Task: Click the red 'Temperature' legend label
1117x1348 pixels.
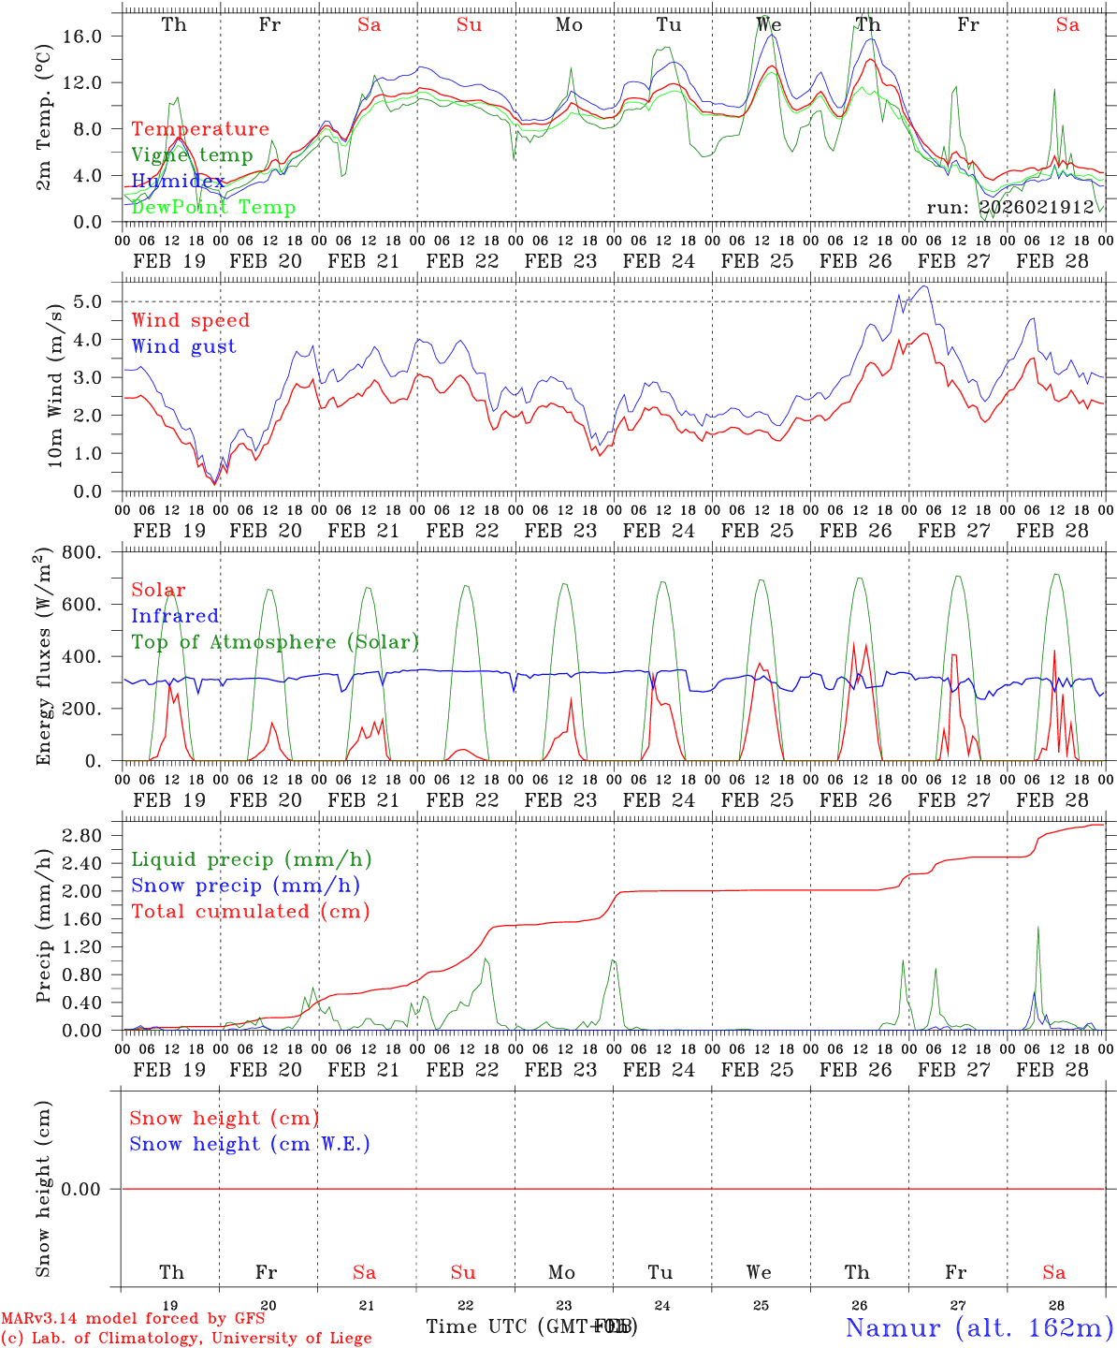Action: (200, 129)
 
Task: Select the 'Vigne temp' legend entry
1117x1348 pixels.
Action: (192, 155)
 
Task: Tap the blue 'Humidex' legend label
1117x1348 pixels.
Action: (178, 182)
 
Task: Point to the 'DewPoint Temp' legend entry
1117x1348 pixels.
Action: (213, 208)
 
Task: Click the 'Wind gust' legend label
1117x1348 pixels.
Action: (183, 346)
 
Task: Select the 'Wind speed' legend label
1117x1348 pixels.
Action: (191, 320)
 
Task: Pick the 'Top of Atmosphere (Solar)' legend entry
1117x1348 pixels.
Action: (275, 642)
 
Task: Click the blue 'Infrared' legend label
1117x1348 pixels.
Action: (175, 616)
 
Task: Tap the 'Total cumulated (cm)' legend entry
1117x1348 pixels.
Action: (251, 912)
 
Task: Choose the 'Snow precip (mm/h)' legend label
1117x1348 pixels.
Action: (246, 886)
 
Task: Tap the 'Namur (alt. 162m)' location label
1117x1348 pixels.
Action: (978, 1327)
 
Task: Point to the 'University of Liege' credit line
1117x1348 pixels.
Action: (187, 1339)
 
